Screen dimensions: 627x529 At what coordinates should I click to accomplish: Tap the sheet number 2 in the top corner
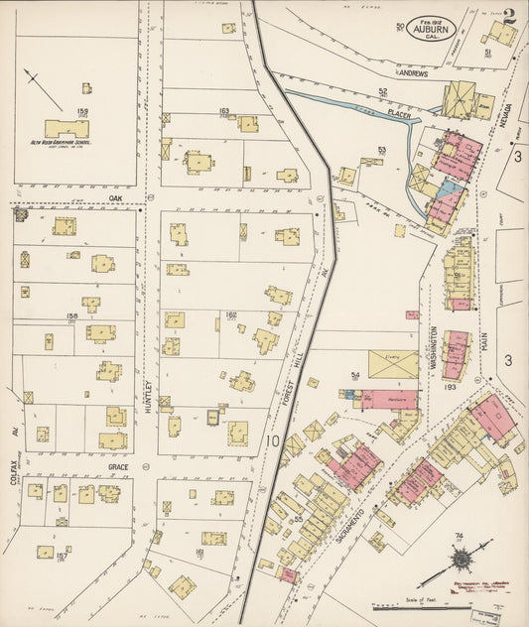[x=508, y=18]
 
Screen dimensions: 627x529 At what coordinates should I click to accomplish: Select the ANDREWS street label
[x=413, y=73]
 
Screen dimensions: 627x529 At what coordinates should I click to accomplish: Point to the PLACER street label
[x=399, y=114]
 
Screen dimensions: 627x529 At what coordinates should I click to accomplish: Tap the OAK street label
[x=115, y=197]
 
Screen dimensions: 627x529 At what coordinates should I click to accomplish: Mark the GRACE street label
[x=119, y=466]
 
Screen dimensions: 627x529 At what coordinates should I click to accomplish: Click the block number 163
[x=224, y=111]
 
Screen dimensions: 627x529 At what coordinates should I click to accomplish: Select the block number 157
[x=62, y=557]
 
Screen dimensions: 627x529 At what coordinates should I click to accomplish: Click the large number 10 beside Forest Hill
[x=272, y=438]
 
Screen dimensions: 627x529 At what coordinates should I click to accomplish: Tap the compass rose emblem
[x=458, y=553]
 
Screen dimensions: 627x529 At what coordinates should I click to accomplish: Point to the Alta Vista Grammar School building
[x=66, y=129]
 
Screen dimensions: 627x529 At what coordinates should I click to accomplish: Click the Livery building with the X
[x=393, y=364]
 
